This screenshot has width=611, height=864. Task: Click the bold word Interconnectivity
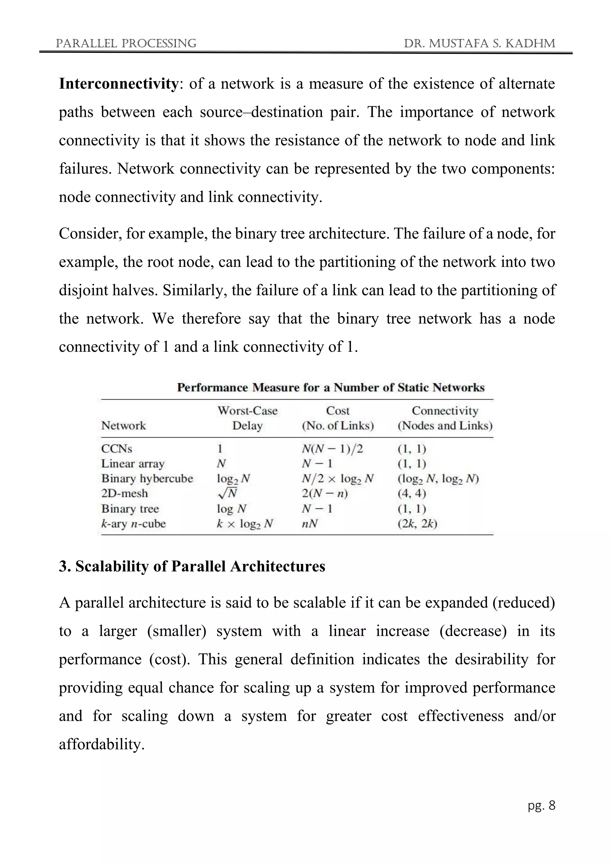[118, 84]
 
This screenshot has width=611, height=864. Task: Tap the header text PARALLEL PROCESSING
[126, 44]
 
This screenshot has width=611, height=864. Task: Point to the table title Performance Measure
[331, 387]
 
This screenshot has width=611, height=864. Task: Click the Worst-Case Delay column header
[247, 418]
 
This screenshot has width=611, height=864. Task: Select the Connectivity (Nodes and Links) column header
[445, 418]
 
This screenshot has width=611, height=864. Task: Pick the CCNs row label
[117, 448]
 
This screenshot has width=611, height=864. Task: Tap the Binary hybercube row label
[147, 478]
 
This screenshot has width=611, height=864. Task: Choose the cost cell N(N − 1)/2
[332, 448]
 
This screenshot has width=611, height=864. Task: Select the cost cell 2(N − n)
[325, 493]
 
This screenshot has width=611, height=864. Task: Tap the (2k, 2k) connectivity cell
[417, 524]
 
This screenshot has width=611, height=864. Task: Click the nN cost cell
[310, 524]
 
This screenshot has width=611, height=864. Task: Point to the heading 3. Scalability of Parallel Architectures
[192, 566]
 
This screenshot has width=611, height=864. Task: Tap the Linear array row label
[133, 464]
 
